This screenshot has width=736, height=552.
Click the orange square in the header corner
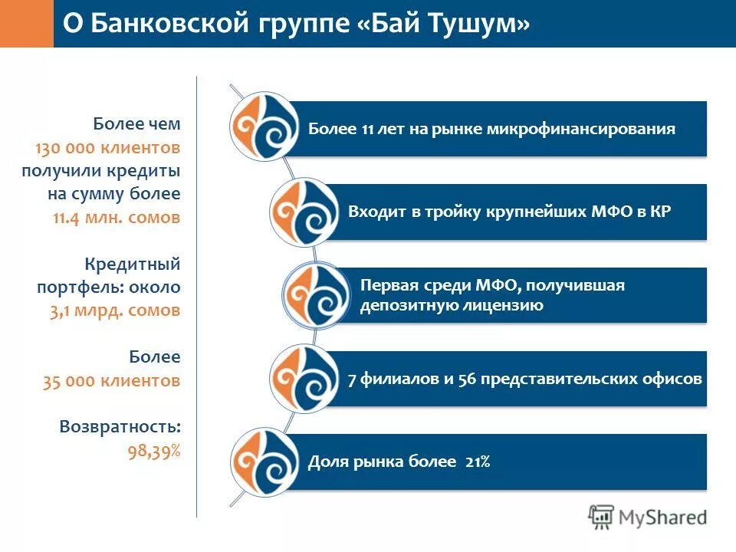click(x=27, y=24)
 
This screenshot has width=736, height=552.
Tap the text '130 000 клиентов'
click(x=107, y=147)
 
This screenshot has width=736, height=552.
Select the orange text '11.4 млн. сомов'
click(x=117, y=217)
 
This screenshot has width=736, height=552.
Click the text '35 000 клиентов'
click(x=112, y=380)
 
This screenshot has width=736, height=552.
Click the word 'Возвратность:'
click(x=120, y=427)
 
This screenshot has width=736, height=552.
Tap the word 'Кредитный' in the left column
click(x=132, y=264)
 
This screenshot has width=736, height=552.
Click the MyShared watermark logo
click(x=648, y=517)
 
